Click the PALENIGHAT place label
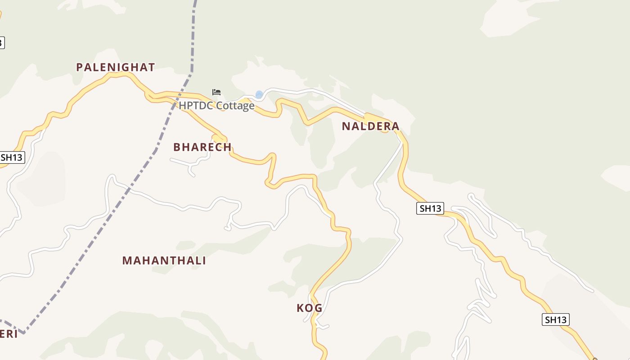(x=115, y=67)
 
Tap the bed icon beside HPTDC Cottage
(x=216, y=92)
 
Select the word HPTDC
(x=196, y=106)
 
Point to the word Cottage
(x=235, y=106)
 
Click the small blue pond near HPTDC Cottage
(x=259, y=94)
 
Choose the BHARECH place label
(x=202, y=147)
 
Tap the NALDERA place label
(x=370, y=126)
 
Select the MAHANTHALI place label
(x=164, y=261)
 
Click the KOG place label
(x=309, y=308)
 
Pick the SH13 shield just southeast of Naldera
(x=430, y=208)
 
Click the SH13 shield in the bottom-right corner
(x=555, y=319)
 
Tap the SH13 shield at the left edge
(x=12, y=157)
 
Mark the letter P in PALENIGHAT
(x=80, y=67)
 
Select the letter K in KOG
(x=300, y=308)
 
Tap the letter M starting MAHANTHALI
(x=127, y=261)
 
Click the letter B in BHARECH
(x=177, y=147)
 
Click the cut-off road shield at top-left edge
(x=1, y=43)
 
